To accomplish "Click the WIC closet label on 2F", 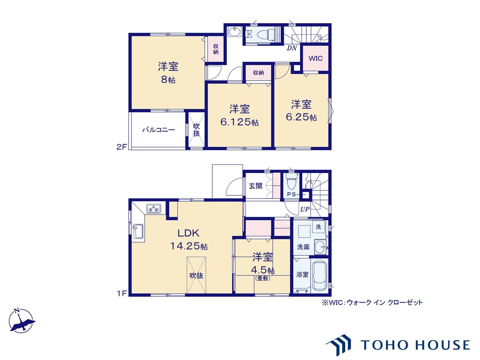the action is point(315,58).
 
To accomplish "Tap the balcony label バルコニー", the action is point(159,130).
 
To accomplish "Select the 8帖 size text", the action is point(168,80).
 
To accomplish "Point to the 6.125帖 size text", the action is point(240,122).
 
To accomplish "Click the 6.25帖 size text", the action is point(301,117).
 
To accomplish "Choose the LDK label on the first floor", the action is point(189,233).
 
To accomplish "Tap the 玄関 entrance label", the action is point(255,186).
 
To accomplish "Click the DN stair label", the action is point(292,48).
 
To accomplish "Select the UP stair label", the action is point(305,209).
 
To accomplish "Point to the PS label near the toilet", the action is point(291,194).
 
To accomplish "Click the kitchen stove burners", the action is point(153,209).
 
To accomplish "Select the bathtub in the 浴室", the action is point(320,276).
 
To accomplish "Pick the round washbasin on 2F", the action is point(234,32).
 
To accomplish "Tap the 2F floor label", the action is point(121,147).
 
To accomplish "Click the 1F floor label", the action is point(121,293).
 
